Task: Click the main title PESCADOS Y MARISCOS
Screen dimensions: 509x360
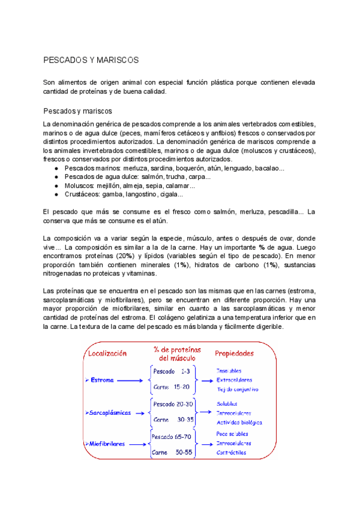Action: (91, 61)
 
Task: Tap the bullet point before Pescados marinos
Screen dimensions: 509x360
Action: (56, 169)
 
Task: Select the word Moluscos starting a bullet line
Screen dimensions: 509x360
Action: (79, 186)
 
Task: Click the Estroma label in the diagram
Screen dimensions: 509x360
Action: (101, 380)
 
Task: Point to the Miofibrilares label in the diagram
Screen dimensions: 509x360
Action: (107, 444)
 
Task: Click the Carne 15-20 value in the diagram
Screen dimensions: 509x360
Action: (172, 387)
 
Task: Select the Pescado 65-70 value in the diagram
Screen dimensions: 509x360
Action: (172, 436)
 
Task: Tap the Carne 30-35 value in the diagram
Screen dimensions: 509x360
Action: (173, 420)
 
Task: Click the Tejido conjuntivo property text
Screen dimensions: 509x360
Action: (238, 390)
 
